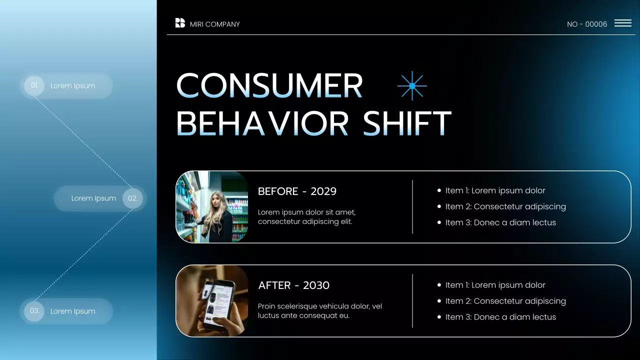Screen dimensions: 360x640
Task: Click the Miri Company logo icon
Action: (x=180, y=23)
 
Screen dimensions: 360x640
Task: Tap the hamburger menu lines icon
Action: (x=622, y=23)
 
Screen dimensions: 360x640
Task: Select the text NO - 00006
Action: (x=587, y=24)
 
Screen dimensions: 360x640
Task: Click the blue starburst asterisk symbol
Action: (x=412, y=86)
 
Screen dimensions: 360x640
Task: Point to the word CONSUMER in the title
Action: (x=269, y=86)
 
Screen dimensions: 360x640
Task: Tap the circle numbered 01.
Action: (x=34, y=85)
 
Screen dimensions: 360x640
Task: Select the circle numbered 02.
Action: (x=132, y=198)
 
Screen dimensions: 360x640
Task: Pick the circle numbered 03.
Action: (x=34, y=311)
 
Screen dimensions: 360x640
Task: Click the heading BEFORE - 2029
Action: (x=297, y=191)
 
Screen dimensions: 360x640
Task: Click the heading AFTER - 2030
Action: (x=294, y=285)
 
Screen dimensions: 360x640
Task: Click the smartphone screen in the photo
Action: (x=218, y=299)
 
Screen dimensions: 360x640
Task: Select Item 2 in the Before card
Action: (x=505, y=206)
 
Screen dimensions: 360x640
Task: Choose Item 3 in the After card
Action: (x=500, y=317)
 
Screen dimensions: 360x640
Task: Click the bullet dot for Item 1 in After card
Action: (x=439, y=285)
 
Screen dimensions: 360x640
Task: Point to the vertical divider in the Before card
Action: (x=412, y=207)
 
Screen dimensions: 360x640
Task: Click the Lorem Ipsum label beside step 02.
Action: (x=93, y=198)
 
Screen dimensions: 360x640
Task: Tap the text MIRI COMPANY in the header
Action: (x=215, y=24)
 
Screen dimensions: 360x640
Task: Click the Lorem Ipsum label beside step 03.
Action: (x=72, y=311)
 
